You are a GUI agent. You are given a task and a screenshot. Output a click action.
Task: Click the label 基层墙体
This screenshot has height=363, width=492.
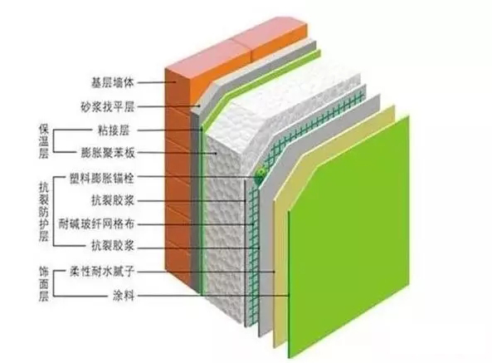(113, 82)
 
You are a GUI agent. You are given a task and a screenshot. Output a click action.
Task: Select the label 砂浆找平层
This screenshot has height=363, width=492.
(108, 107)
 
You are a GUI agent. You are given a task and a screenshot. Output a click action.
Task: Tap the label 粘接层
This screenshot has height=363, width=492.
(114, 130)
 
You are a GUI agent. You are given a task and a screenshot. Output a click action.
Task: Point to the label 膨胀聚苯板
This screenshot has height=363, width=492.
(108, 153)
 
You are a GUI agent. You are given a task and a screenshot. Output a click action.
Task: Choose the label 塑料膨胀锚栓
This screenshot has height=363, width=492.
(102, 178)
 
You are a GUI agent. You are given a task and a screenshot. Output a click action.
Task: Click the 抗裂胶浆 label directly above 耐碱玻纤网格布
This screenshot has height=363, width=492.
(113, 200)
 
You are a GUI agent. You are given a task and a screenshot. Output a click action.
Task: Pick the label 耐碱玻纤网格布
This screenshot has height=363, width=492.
(96, 224)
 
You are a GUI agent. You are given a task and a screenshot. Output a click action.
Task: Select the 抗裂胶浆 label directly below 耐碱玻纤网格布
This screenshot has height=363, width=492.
(113, 245)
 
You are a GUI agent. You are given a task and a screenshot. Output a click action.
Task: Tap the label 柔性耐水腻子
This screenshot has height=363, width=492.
(102, 272)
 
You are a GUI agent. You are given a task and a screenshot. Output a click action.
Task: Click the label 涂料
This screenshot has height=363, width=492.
(124, 296)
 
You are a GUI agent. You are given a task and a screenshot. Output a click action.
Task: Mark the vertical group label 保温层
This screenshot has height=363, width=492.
(44, 141)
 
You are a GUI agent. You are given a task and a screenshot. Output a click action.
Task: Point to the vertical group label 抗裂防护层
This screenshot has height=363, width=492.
(44, 213)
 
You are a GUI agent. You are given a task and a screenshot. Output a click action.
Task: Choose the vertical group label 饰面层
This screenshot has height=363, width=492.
(44, 284)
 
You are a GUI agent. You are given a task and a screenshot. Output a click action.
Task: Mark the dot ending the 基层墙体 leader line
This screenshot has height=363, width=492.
(176, 82)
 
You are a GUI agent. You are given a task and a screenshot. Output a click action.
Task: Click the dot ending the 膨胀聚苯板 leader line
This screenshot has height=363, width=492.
(217, 153)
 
